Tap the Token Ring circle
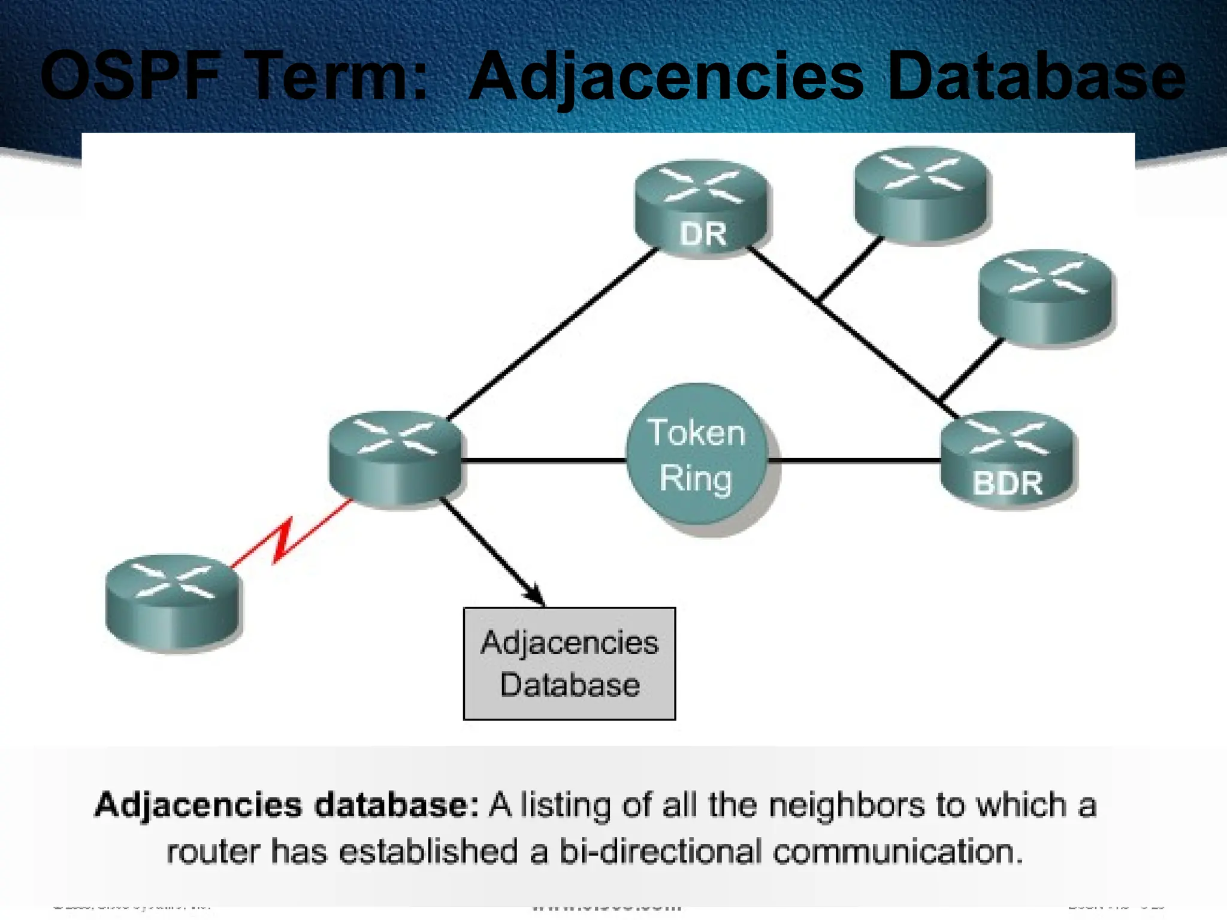click(x=697, y=455)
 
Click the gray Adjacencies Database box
click(x=569, y=664)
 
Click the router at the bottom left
click(x=172, y=601)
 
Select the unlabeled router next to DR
click(x=921, y=194)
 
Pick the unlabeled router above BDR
click(x=1045, y=297)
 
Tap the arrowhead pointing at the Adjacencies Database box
click(x=535, y=596)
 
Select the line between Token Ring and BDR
click(x=854, y=461)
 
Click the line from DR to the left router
click(x=551, y=334)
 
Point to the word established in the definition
click(x=428, y=852)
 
